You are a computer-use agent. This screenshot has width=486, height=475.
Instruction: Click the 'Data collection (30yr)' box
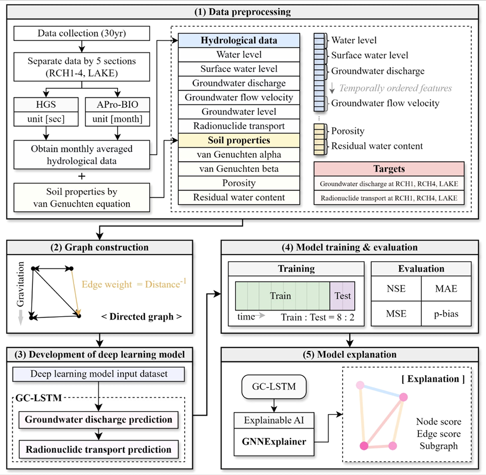[x=82, y=33]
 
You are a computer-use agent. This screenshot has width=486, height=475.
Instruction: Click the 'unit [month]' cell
[x=118, y=119]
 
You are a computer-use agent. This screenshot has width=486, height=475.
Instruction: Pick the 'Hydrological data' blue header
[x=239, y=40]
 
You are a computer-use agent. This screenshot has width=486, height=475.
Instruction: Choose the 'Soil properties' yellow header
[x=239, y=140]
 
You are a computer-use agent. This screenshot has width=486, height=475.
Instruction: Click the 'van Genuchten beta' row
[x=239, y=169]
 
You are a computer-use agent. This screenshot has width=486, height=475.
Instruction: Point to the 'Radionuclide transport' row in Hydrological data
[x=239, y=126]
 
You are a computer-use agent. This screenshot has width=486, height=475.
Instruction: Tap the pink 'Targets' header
[x=389, y=169]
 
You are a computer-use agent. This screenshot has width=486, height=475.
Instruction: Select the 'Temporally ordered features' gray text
[x=396, y=88]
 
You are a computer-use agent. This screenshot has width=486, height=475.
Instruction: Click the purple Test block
[x=342, y=295]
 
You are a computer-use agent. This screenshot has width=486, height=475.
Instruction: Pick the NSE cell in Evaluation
[x=396, y=288]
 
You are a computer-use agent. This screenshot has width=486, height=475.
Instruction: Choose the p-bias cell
[x=446, y=313]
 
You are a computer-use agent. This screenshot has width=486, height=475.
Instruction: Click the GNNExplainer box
[x=274, y=442]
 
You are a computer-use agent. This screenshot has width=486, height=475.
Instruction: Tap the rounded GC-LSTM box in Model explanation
[x=274, y=386]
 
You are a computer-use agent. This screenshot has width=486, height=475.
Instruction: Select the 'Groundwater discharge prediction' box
[x=98, y=420]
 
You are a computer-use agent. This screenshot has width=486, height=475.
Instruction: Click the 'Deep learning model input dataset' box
[x=98, y=374]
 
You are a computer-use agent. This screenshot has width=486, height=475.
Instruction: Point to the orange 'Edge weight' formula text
[x=134, y=283]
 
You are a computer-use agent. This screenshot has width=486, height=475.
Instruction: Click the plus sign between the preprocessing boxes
[x=82, y=176]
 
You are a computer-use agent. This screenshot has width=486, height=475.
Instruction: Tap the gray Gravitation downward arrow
[x=21, y=317]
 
